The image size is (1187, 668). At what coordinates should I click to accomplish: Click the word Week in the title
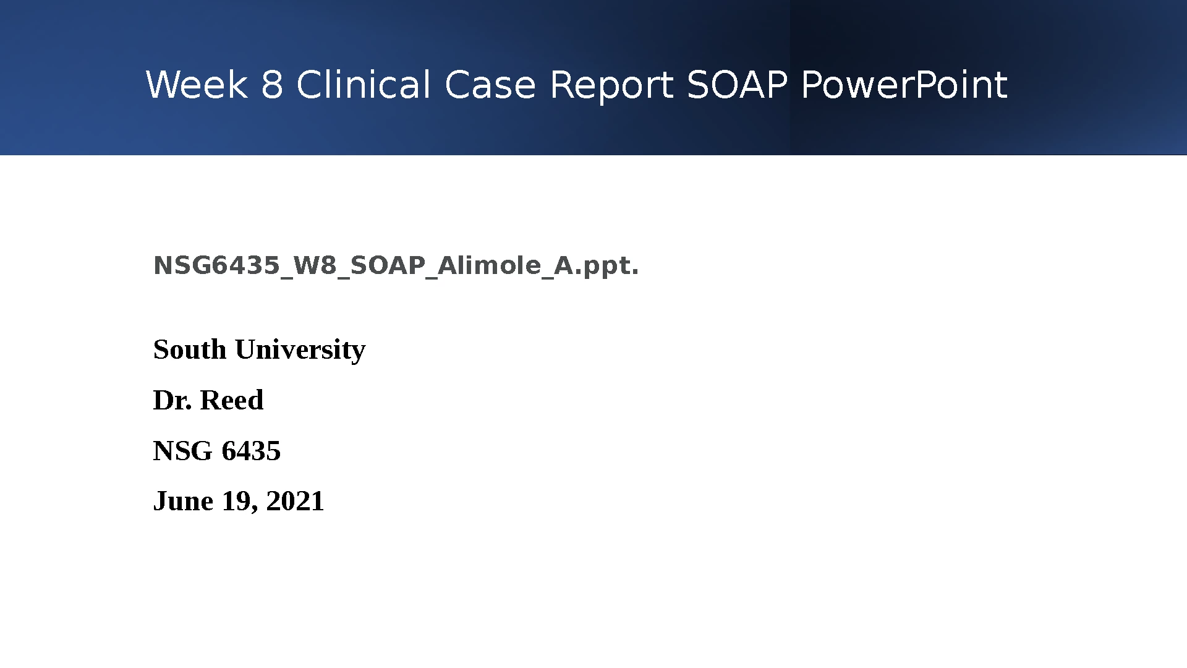point(197,85)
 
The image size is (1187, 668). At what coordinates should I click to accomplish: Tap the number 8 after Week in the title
point(272,85)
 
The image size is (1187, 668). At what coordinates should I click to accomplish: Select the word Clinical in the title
point(364,85)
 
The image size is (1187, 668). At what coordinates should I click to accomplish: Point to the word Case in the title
point(490,85)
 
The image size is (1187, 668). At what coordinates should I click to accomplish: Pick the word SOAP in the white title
point(738,85)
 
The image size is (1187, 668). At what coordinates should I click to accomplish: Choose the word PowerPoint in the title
point(904,85)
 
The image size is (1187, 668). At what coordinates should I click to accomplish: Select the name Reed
point(232,400)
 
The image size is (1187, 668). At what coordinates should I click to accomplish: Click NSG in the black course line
point(183,451)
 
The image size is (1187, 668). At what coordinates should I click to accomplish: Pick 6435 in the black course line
point(251,451)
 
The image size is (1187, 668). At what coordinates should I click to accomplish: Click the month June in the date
point(183,501)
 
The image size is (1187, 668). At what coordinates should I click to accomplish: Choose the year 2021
point(296,501)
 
